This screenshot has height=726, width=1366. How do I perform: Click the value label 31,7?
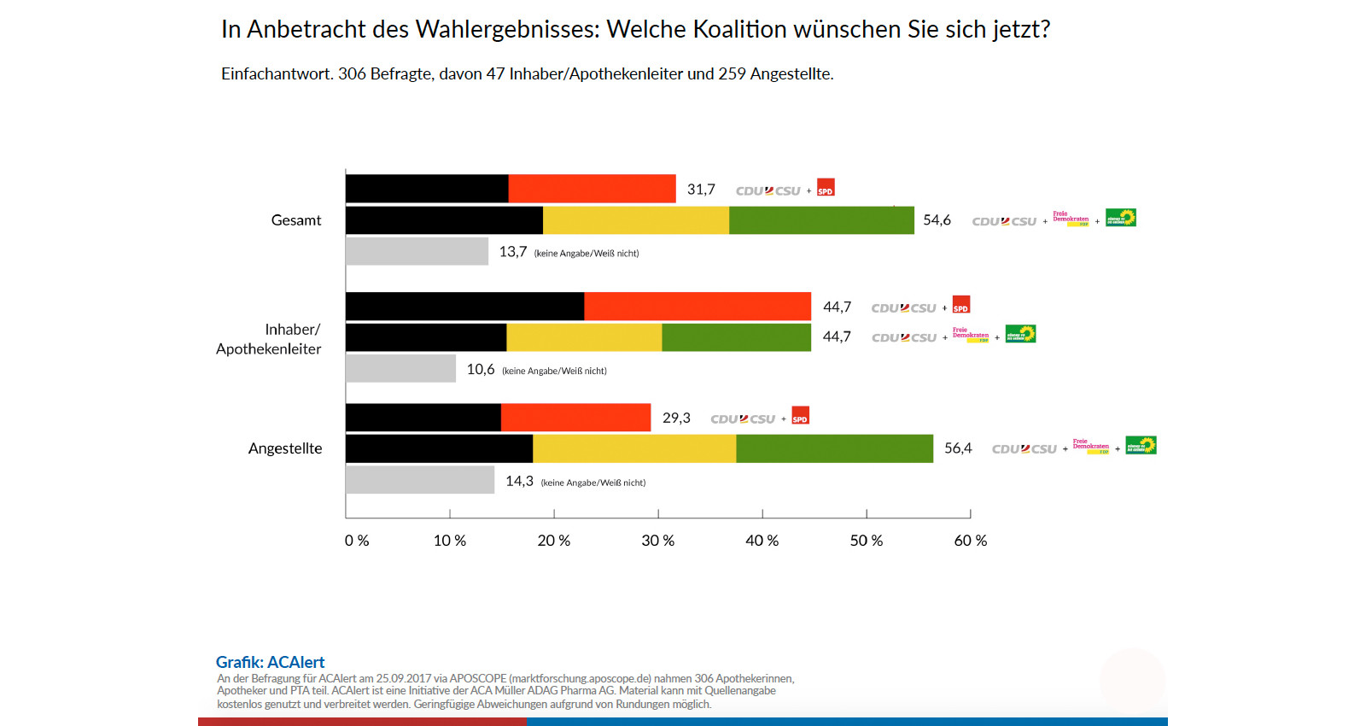[701, 190]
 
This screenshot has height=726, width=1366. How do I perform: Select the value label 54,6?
[937, 220]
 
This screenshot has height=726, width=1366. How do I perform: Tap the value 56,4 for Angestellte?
[958, 448]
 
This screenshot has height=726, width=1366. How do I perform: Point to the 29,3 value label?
[676, 418]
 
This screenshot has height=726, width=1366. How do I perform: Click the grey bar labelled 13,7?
[417, 251]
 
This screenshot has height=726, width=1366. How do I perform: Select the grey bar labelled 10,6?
[400, 368]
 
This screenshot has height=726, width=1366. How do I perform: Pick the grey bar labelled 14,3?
[420, 480]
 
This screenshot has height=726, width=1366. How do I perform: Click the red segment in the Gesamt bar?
[592, 189]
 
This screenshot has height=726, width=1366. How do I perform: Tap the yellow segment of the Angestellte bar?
[634, 448]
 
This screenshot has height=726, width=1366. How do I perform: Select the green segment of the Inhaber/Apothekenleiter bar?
[736, 337]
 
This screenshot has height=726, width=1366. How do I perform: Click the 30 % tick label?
[657, 541]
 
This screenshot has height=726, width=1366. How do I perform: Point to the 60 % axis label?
[970, 541]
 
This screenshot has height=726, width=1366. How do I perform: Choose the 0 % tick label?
[357, 541]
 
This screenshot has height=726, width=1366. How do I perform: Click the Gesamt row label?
[296, 220]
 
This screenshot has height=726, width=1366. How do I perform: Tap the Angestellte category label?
[285, 448]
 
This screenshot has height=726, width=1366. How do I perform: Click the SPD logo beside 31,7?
[826, 188]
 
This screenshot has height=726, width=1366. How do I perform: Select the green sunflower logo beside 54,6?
[1120, 218]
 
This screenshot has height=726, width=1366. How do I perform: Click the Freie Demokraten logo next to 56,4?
[1091, 446]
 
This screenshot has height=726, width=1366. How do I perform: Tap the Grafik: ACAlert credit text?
[270, 662]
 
